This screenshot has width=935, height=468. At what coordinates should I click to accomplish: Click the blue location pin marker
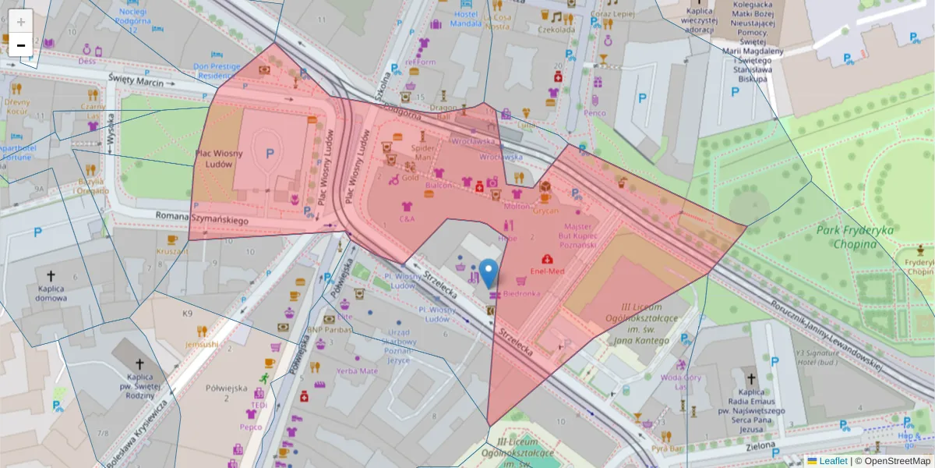[x=489, y=274]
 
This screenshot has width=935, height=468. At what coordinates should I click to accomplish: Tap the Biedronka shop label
[x=521, y=294]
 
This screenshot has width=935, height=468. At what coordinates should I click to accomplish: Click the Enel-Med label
[x=546, y=271]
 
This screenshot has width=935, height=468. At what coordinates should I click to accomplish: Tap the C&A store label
[x=407, y=219]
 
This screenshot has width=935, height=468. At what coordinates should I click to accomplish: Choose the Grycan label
[x=545, y=210]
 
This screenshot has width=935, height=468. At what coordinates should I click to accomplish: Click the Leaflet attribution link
[x=833, y=461]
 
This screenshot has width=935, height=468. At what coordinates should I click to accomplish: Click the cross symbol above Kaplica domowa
[x=51, y=275]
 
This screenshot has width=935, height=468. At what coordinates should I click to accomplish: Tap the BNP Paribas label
[x=330, y=330]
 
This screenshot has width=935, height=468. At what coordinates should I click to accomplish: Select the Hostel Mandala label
[x=466, y=19]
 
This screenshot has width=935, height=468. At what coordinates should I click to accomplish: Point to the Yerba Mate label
[x=357, y=370]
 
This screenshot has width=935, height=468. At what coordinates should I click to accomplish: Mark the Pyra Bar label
[x=666, y=449]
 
